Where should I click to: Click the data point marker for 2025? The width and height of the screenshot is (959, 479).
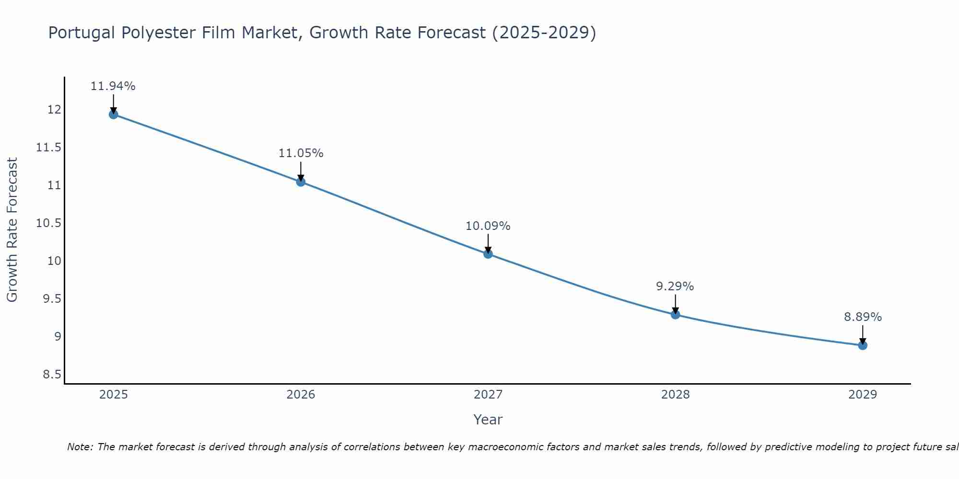[114, 114]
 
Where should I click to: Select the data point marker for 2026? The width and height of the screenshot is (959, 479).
[301, 182]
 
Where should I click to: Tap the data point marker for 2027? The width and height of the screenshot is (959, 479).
[488, 254]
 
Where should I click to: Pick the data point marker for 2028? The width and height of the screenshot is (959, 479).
[675, 315]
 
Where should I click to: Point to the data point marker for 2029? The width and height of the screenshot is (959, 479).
[863, 345]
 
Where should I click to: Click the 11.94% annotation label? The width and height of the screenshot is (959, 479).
[113, 86]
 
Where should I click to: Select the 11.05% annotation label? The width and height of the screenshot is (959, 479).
[301, 153]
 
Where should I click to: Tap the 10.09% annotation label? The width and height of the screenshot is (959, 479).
[488, 226]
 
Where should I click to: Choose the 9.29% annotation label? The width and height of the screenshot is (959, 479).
[675, 286]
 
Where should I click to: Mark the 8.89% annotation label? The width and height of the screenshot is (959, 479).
[863, 317]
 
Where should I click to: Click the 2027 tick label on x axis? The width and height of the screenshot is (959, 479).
[488, 395]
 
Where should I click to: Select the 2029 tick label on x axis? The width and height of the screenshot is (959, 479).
[863, 395]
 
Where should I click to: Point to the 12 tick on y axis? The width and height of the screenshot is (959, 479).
[54, 110]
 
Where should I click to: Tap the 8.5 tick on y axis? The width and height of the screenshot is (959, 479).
[52, 375]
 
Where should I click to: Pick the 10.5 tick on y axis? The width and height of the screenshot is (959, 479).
[49, 223]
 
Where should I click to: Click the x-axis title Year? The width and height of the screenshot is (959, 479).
[488, 420]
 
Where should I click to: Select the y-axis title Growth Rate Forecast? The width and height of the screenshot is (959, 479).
[12, 230]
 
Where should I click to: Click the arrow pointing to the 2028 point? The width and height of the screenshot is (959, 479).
[675, 304]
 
